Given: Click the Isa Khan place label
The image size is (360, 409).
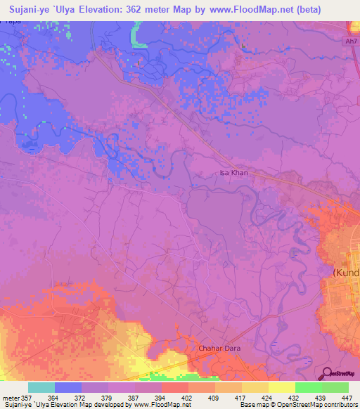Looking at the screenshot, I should coord(234,172).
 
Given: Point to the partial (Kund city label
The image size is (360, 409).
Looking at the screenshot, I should coord(345,271).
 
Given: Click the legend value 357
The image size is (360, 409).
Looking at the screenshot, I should coord(28,398).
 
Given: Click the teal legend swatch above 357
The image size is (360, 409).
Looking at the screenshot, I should coord(41,387).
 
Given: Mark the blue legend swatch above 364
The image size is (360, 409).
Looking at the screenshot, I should coord(68,387).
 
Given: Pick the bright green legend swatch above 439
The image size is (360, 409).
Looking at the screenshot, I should coord(309,387).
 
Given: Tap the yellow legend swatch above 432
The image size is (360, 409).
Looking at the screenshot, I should coord(282,387).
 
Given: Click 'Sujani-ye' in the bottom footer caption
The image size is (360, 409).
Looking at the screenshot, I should coord(15,405).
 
